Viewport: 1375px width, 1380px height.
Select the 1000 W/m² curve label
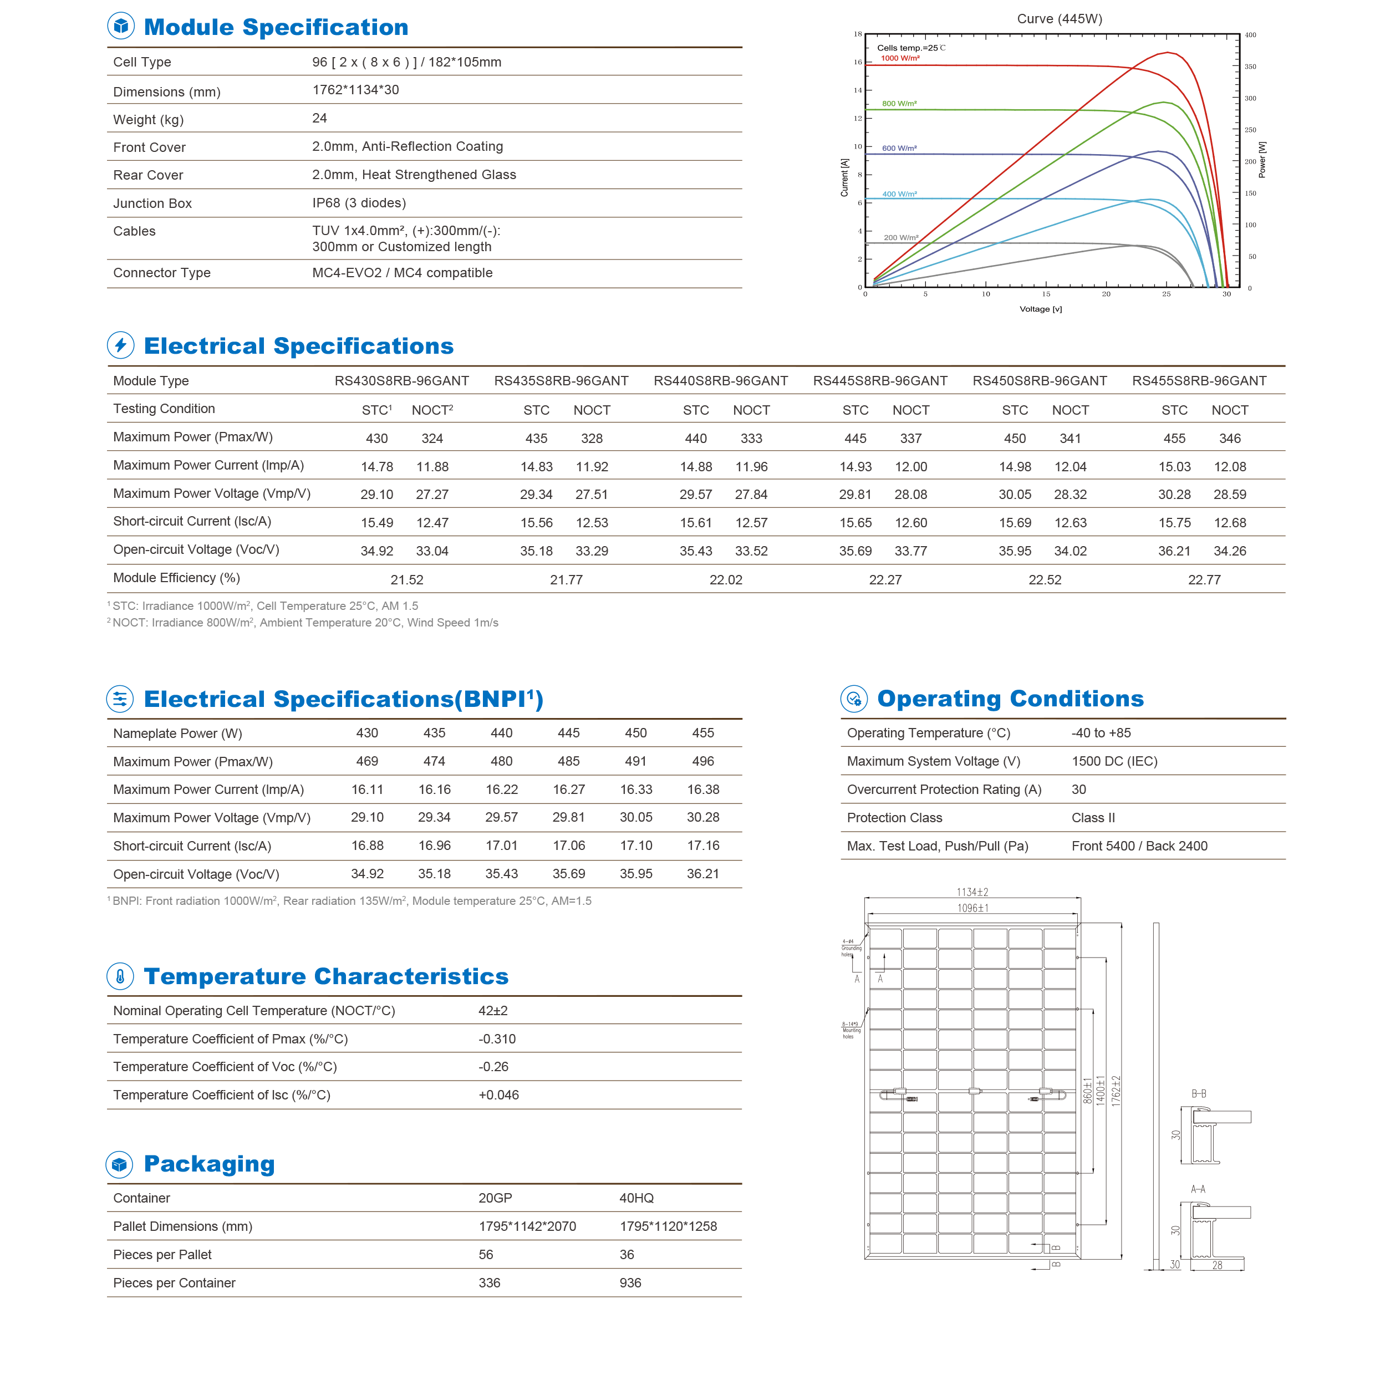[900, 59]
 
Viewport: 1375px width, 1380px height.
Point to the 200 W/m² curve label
[901, 238]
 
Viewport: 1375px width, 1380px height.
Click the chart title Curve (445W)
[1060, 18]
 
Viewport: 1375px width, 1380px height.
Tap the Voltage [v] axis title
[1041, 309]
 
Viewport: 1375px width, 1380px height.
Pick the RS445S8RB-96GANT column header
[880, 381]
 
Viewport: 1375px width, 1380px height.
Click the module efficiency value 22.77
[1204, 580]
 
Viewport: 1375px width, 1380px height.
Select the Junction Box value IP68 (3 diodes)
[359, 203]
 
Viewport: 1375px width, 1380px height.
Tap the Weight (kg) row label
[149, 120]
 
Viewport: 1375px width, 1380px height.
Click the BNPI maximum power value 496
[703, 761]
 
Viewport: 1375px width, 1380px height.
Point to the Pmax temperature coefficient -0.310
[497, 1039]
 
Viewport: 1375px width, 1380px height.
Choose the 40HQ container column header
[636, 1199]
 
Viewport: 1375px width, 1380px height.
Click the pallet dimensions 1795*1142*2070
[527, 1227]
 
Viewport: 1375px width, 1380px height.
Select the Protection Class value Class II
[1093, 818]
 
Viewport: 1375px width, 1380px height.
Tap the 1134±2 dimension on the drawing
[972, 893]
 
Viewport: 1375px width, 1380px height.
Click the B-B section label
[1199, 1094]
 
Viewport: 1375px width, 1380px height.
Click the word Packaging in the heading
[209, 1164]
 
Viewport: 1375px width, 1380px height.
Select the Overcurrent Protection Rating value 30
[1078, 790]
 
